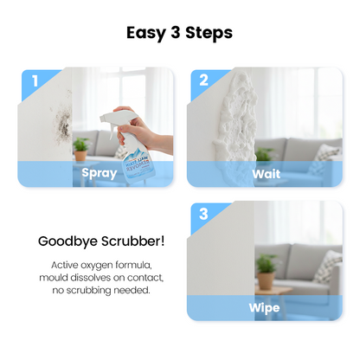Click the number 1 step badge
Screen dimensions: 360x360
click(35, 82)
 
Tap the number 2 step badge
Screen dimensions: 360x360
click(204, 82)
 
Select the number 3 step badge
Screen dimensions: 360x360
click(204, 215)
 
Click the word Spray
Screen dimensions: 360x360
click(99, 173)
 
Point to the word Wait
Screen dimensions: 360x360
click(266, 173)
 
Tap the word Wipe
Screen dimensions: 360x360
click(266, 306)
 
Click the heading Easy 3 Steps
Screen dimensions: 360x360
click(180, 34)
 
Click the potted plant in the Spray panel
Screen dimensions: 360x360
click(80, 149)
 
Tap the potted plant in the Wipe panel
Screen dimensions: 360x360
click(265, 267)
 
